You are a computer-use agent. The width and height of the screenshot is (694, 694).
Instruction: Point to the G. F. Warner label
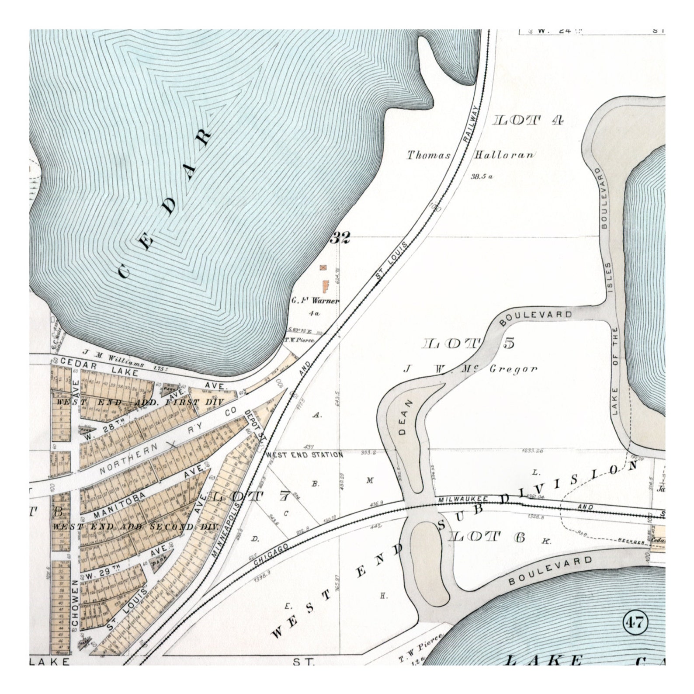tap(315, 301)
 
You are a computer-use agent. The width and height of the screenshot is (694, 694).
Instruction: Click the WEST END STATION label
tap(305, 455)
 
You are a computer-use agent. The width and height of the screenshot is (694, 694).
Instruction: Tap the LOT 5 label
tap(469, 344)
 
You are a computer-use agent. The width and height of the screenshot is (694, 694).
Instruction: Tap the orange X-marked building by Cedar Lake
tap(324, 267)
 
